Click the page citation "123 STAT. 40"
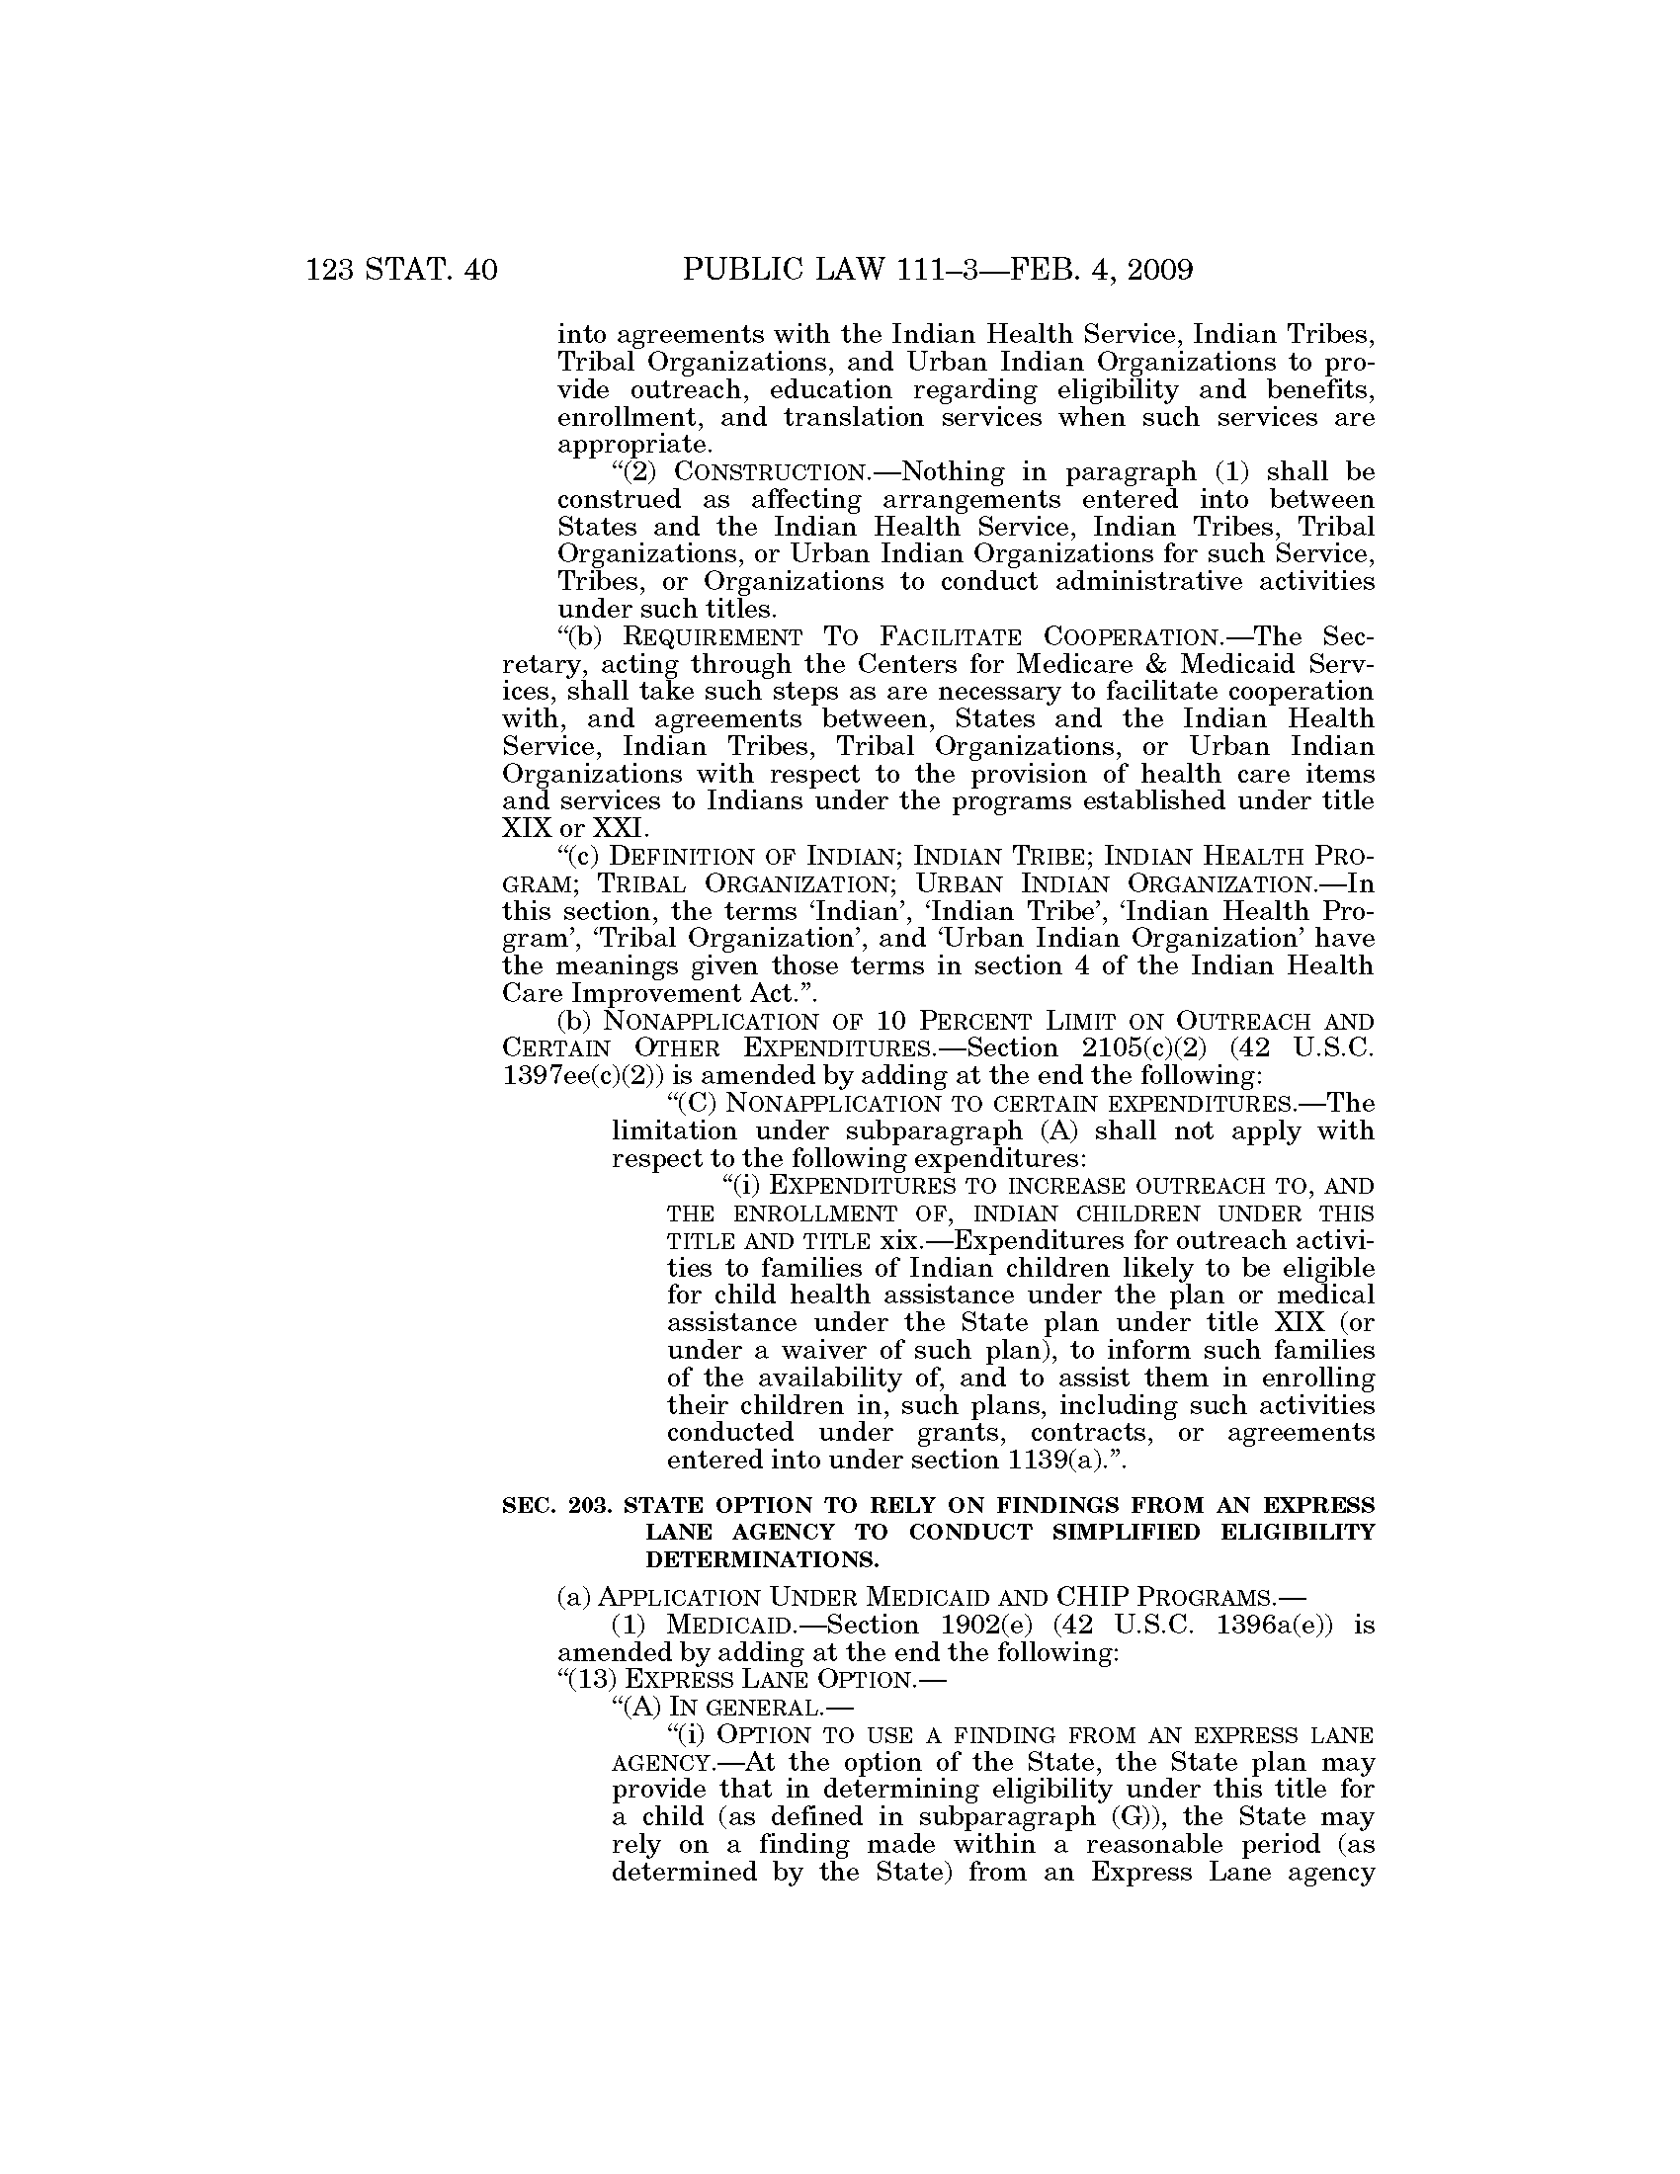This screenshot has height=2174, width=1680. coord(401,270)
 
